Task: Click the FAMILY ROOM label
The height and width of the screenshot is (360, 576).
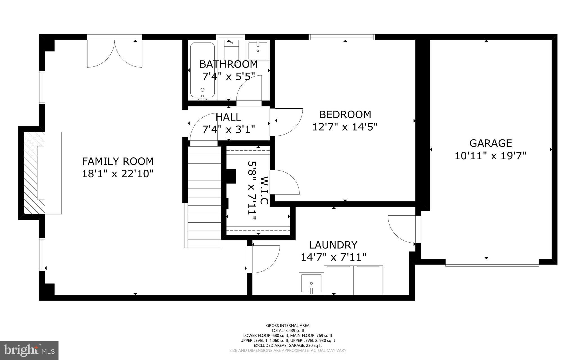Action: tap(118, 161)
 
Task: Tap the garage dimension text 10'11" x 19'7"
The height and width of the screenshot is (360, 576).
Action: tap(490, 156)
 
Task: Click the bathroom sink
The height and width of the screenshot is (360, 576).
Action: tap(258, 50)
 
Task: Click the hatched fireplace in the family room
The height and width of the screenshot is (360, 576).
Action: tap(34, 173)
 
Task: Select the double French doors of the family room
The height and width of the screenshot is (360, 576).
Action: tap(114, 53)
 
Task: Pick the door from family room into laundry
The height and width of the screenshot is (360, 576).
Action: tap(263, 259)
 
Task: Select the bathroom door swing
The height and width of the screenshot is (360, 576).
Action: tap(249, 90)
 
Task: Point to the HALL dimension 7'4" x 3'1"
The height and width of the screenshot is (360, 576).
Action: tap(228, 129)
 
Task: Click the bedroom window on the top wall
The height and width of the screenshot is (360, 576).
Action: tap(342, 37)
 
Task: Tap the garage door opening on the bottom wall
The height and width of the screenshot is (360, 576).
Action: tap(492, 265)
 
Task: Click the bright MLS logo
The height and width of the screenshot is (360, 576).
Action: tap(29, 350)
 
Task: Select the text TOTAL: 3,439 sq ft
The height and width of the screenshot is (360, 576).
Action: tap(288, 330)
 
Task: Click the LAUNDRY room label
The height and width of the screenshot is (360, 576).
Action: tap(333, 245)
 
